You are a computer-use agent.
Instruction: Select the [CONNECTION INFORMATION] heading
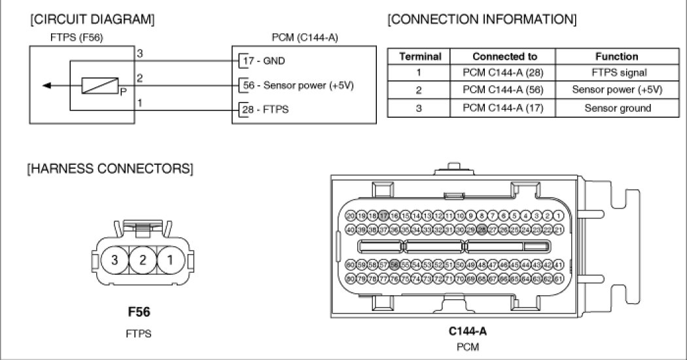point(482,20)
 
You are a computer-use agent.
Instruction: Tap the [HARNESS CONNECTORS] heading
point(110,169)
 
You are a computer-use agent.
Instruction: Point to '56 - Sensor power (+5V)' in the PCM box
point(298,85)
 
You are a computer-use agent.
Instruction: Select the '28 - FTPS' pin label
point(266,109)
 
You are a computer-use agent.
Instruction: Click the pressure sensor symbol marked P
point(96,85)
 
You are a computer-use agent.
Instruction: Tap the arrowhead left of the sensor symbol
point(44,85)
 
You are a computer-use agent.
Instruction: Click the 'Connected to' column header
point(504,56)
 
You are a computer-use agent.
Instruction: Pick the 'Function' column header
point(616,56)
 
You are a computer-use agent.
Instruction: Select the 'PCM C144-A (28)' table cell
point(504,73)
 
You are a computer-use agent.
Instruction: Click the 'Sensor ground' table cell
point(616,107)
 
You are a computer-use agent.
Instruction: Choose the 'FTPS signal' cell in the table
point(616,73)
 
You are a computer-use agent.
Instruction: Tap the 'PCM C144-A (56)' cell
point(504,90)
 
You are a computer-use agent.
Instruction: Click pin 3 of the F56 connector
point(115,260)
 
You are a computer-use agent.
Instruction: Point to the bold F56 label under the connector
point(139,313)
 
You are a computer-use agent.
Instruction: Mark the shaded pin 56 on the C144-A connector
point(394,264)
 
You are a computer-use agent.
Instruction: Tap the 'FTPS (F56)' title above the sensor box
point(77,38)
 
